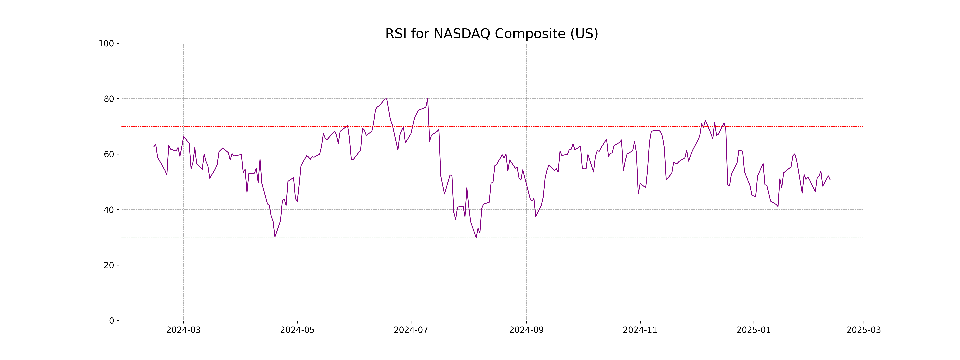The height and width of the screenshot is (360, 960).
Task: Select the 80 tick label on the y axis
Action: coord(109,99)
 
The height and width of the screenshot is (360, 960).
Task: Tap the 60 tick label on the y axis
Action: coord(109,154)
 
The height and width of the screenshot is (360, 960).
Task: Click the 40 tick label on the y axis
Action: coord(109,210)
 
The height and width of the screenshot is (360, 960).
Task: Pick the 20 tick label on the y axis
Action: coord(109,265)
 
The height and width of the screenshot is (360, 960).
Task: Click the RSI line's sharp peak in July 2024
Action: coord(427,99)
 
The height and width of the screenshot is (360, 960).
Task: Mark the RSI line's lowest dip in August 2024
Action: coord(476,237)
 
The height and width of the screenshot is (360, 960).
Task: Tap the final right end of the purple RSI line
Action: coord(830,180)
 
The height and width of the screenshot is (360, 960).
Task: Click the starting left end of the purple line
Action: coord(154,147)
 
